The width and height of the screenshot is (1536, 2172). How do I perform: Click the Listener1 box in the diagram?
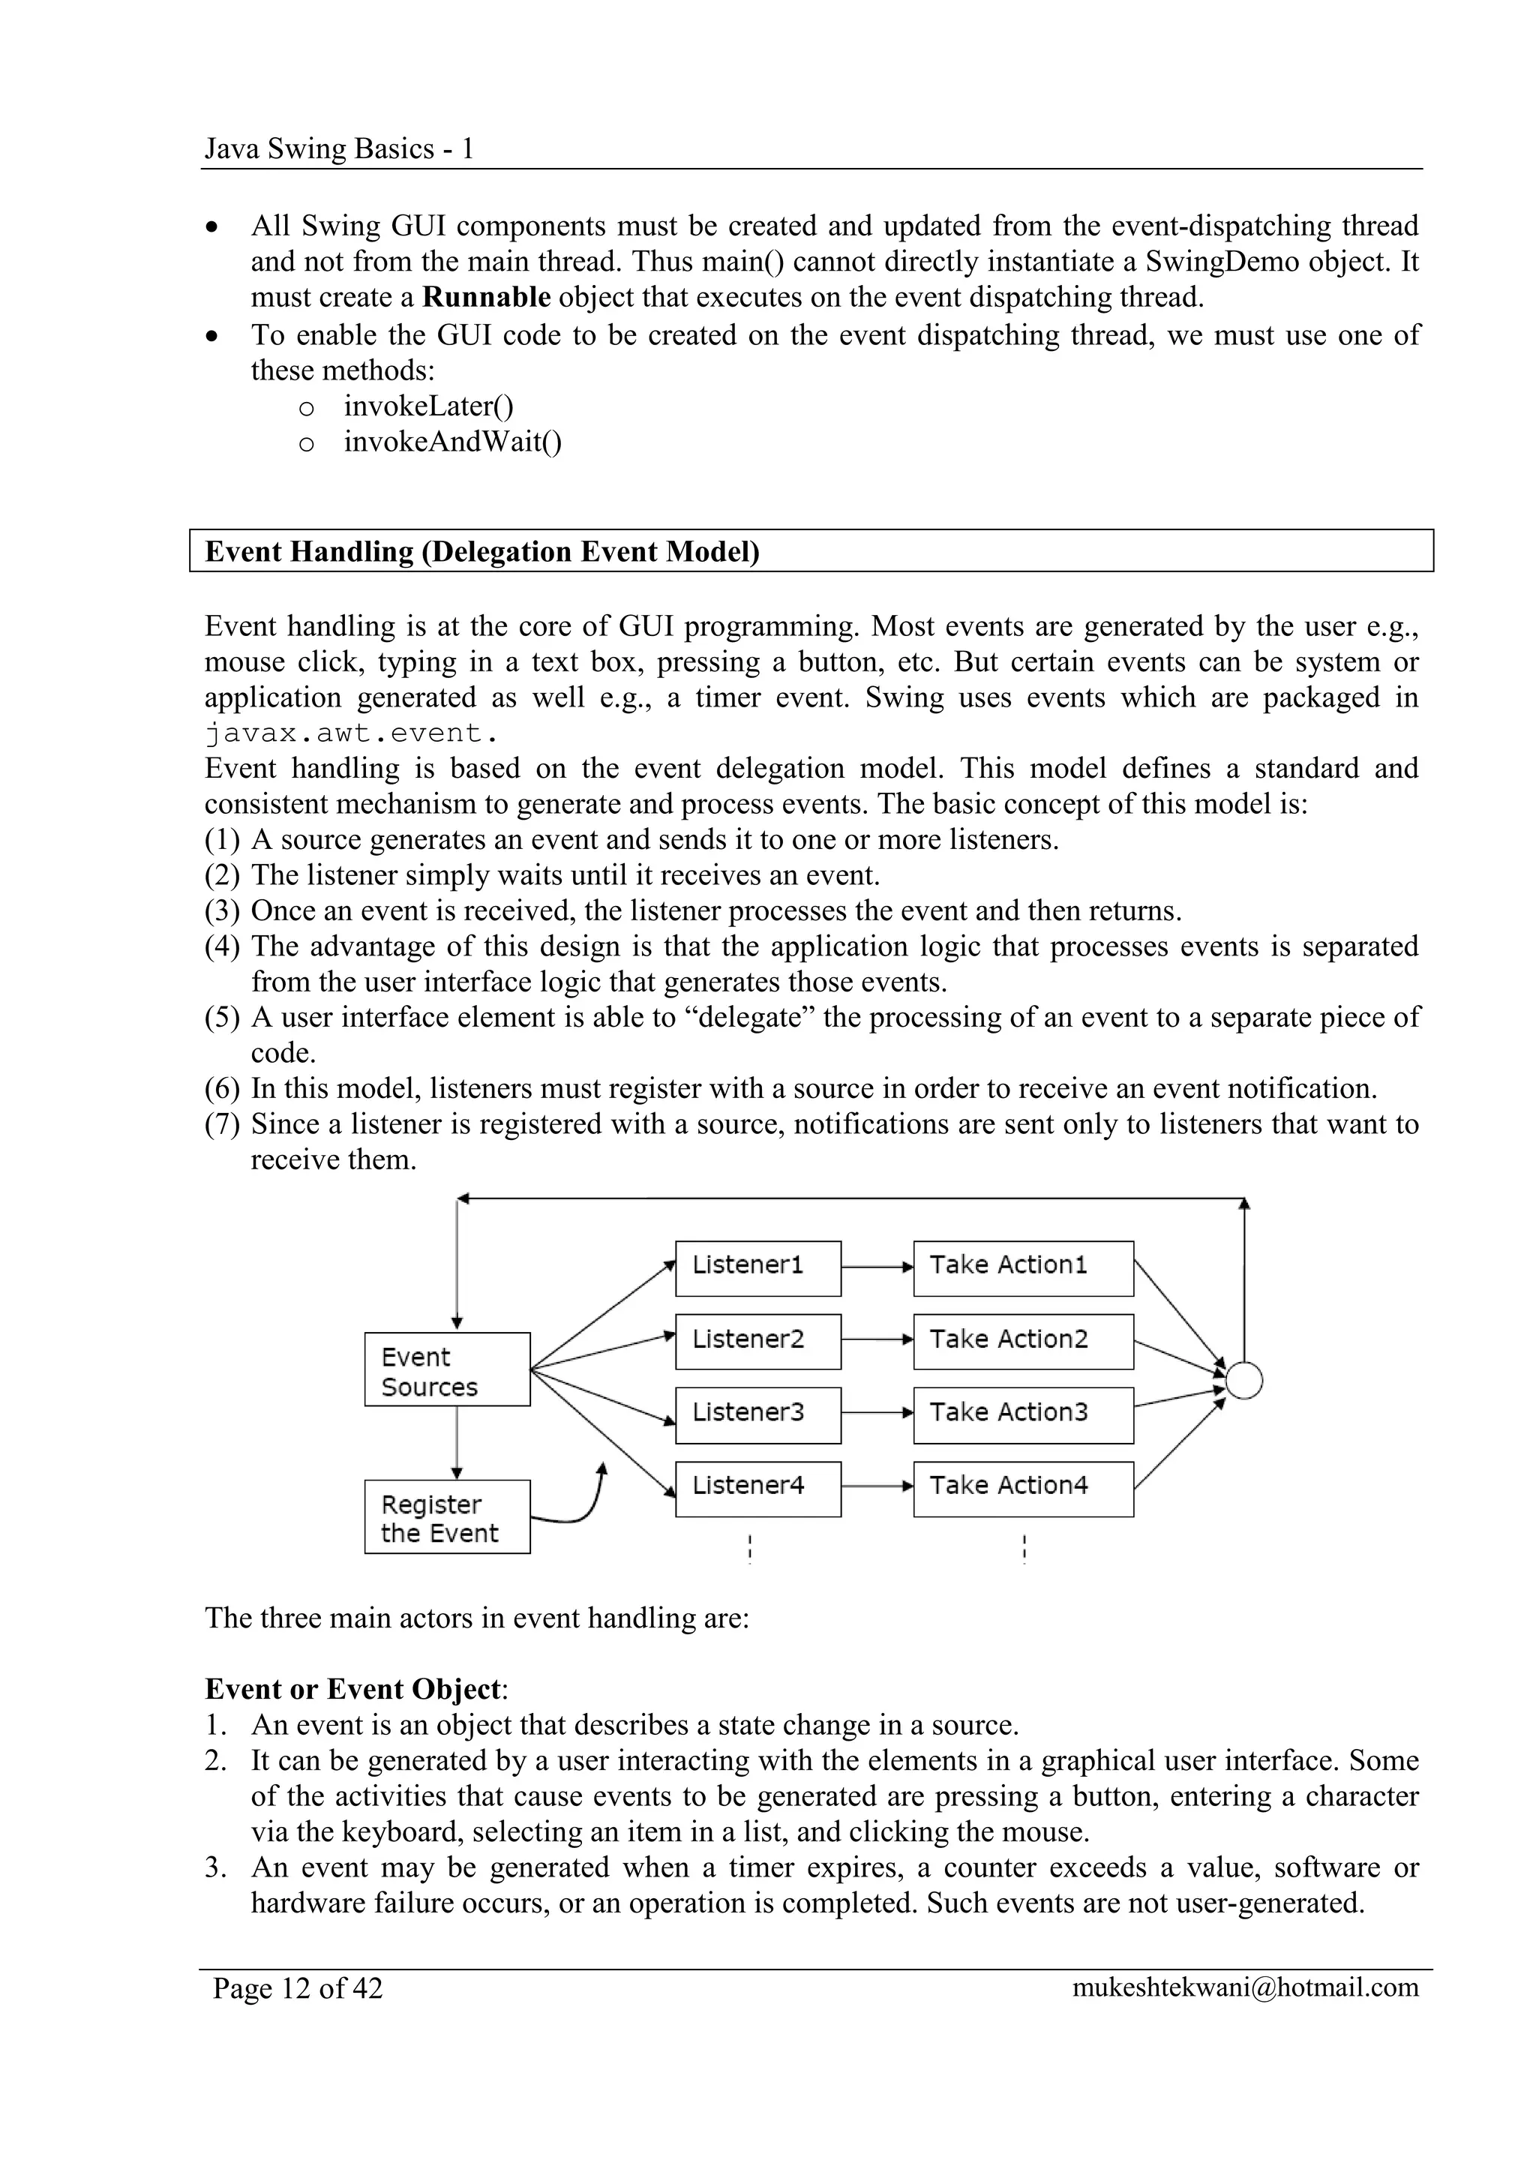(757, 1267)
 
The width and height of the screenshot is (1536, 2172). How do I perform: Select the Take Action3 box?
(1022, 1415)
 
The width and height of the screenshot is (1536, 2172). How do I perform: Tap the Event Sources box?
(446, 1369)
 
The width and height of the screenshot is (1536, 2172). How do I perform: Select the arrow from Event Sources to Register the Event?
(457, 1443)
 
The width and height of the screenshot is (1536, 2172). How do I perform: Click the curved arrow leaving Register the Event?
(586, 1504)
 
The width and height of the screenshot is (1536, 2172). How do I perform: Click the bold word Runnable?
(486, 297)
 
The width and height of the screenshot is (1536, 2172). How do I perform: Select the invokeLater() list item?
(428, 406)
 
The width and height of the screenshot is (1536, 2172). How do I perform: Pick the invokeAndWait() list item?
(452, 442)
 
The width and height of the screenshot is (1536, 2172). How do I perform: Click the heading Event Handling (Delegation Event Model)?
(482, 551)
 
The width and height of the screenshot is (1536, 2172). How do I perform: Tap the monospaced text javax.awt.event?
(351, 733)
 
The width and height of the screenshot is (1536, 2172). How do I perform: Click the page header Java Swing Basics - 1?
(338, 149)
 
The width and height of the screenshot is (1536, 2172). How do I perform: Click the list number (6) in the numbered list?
(221, 1089)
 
